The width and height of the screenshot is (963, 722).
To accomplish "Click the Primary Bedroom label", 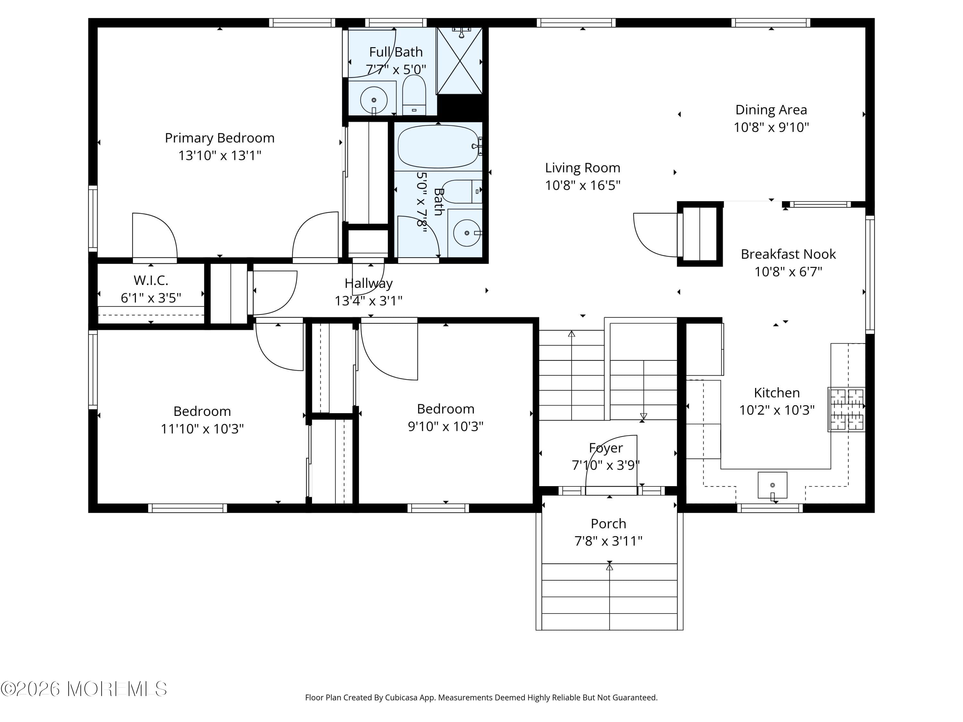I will coord(220,138).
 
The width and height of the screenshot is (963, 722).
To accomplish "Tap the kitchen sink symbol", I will coord(772,485).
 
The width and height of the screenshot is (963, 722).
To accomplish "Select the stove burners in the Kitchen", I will coord(846,409).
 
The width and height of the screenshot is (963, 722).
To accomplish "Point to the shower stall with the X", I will coord(459,61).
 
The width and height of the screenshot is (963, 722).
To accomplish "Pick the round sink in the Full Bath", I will coord(374,100).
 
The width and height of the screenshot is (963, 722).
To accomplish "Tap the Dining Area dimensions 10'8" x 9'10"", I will coord(771,127).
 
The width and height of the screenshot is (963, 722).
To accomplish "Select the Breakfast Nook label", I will coord(788,254).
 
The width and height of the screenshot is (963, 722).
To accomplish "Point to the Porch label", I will coord(608,524).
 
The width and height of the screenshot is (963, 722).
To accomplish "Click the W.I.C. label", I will coord(151,280).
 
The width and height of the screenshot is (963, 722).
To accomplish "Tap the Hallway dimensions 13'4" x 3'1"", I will coord(368,301).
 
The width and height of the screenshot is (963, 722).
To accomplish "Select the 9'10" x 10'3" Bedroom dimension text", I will coord(445,426).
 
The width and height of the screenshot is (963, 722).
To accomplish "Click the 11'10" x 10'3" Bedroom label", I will coord(202,411).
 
